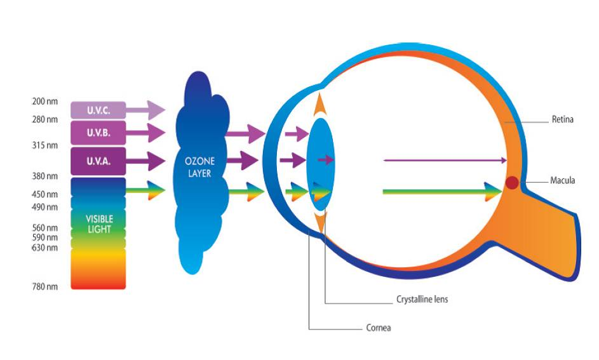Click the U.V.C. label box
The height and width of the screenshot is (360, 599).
pyautogui.click(x=98, y=110)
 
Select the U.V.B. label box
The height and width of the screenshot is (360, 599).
pyautogui.click(x=98, y=134)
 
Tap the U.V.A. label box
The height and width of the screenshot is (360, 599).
pyautogui.click(x=98, y=161)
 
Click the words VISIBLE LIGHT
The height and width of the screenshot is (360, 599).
pyautogui.click(x=99, y=224)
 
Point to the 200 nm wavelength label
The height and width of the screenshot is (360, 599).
pyautogui.click(x=44, y=102)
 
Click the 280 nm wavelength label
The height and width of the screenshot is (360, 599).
pyautogui.click(x=44, y=119)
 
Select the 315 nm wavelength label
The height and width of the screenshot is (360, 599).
pyautogui.click(x=44, y=145)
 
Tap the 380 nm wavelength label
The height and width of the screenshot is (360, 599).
pyautogui.click(x=44, y=176)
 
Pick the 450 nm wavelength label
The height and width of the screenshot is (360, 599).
pyautogui.click(x=44, y=194)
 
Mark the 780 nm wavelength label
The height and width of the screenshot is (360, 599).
pyautogui.click(x=44, y=287)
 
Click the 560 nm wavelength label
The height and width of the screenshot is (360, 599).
pyautogui.click(x=44, y=227)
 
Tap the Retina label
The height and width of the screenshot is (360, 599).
pyautogui.click(x=562, y=119)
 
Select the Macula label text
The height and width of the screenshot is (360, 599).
pyautogui.click(x=562, y=181)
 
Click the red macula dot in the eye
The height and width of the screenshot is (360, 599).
pyautogui.click(x=512, y=183)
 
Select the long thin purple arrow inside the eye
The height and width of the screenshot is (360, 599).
pyautogui.click(x=445, y=160)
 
